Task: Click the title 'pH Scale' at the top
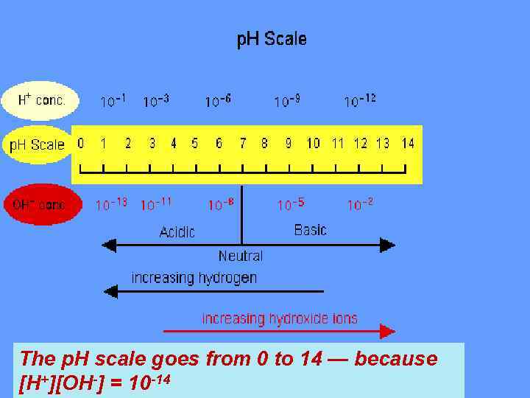click(271, 39)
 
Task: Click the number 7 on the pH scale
click(242, 143)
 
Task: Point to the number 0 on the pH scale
click(80, 143)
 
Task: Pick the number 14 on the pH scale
click(407, 143)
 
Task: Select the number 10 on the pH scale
click(313, 143)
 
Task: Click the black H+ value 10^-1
click(114, 101)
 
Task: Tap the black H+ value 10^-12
click(360, 100)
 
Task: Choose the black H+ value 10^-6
click(218, 100)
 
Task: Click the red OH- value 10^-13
click(111, 204)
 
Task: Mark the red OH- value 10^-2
click(360, 203)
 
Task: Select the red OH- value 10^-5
click(291, 203)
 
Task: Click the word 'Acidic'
click(177, 232)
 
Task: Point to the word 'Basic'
click(310, 230)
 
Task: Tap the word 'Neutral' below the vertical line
click(240, 256)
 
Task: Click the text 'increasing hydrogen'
click(194, 278)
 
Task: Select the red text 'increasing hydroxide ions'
click(280, 318)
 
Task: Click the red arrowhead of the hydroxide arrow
click(387, 332)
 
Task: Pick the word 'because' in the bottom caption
click(396, 359)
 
